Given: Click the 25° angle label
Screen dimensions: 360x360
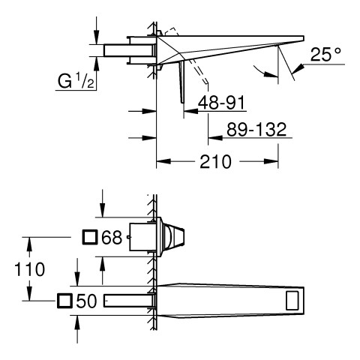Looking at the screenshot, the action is (x=325, y=54).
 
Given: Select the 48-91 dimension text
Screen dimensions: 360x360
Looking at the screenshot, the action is (x=221, y=103).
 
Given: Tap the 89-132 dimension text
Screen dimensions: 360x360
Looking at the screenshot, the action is (x=256, y=129).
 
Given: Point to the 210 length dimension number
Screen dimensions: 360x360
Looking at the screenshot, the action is (x=215, y=162).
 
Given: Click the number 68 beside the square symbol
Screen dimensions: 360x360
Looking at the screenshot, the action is (x=112, y=238).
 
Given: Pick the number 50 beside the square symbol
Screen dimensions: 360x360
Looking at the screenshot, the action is (x=86, y=301).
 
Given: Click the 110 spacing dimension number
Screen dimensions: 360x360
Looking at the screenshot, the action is (x=30, y=269).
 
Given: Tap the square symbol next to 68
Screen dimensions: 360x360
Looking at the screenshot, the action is (x=90, y=237).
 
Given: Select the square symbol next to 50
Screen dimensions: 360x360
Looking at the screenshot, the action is (x=64, y=301).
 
